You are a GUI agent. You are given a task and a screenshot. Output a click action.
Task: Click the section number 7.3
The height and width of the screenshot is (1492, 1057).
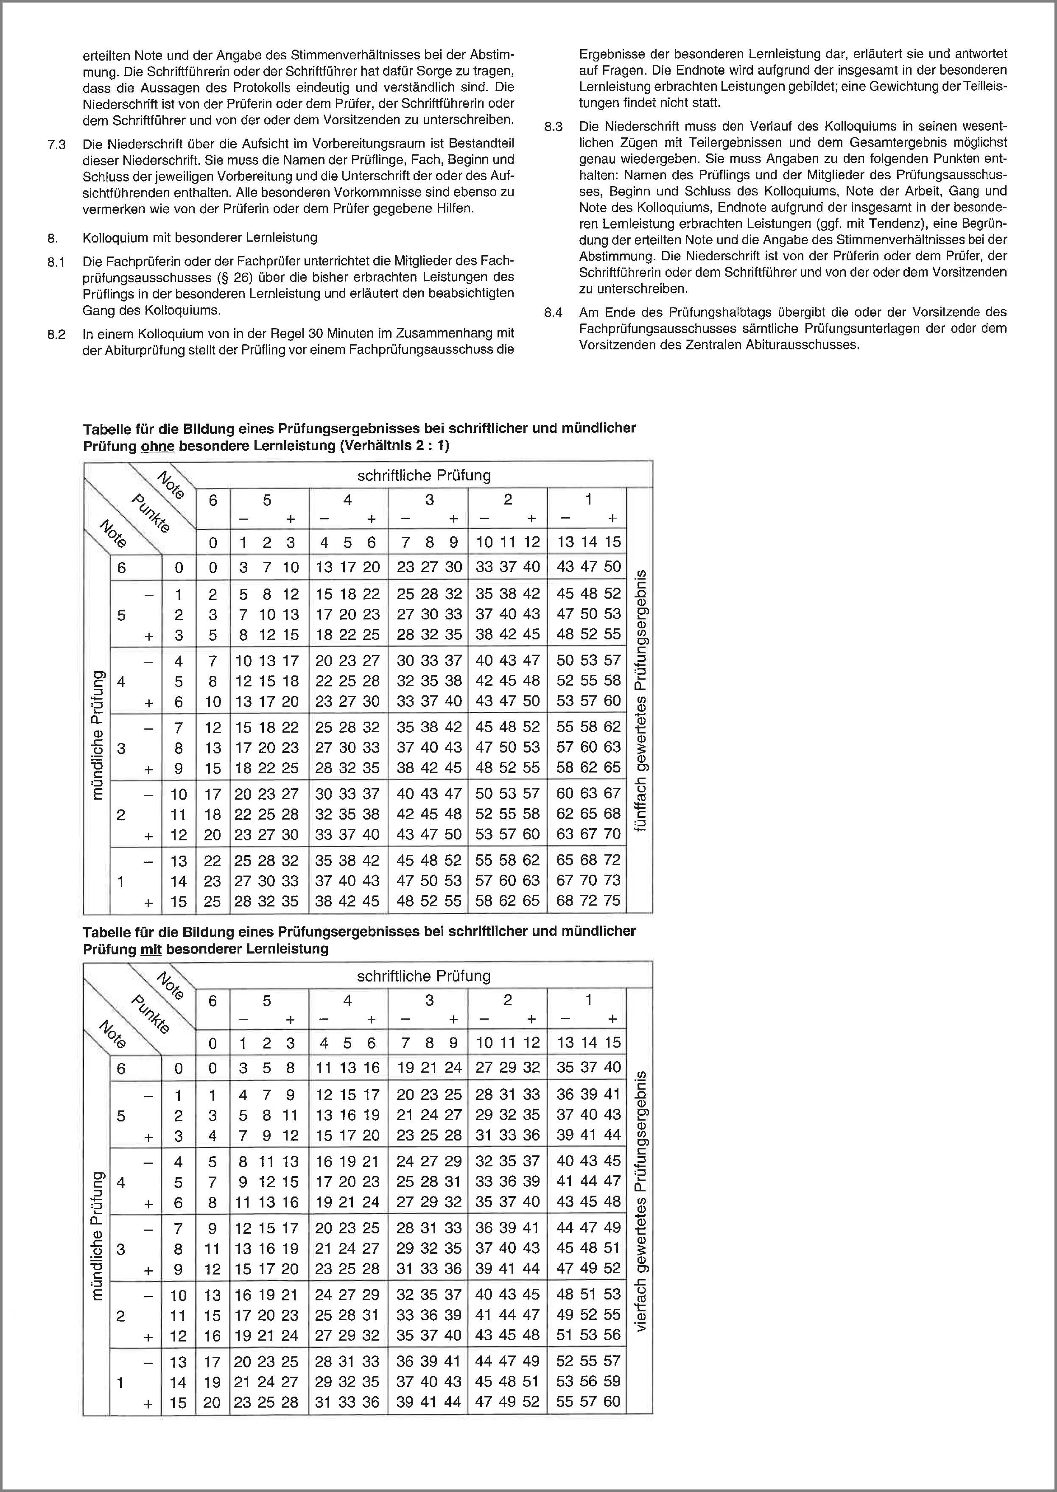click(57, 144)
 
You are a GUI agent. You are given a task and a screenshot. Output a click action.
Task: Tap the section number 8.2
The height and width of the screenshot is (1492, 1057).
click(57, 335)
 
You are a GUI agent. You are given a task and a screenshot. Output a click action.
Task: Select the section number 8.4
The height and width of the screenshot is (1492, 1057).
click(553, 313)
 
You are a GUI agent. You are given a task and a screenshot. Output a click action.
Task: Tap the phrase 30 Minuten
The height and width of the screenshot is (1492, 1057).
click(341, 334)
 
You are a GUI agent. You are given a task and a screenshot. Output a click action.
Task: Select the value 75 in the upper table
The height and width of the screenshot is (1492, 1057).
click(612, 901)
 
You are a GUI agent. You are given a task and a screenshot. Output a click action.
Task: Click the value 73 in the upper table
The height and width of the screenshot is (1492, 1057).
click(612, 880)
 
